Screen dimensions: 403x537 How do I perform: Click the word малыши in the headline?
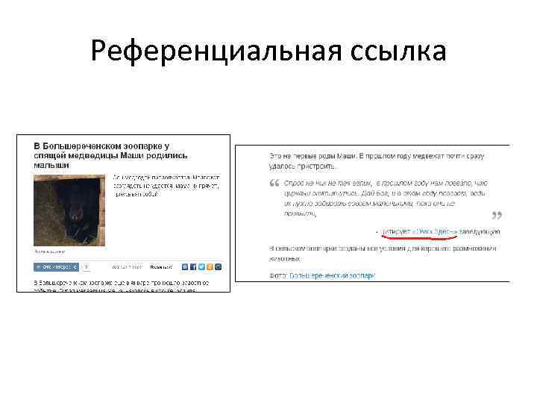point(52,163)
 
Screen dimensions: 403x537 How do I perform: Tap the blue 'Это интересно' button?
point(54,266)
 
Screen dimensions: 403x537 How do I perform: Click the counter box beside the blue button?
point(86,266)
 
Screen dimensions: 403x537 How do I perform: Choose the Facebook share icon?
point(193,266)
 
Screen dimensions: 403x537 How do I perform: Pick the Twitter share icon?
point(201,266)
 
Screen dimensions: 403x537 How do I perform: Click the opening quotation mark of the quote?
point(274,184)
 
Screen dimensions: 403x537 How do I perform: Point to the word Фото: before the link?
point(278,275)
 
